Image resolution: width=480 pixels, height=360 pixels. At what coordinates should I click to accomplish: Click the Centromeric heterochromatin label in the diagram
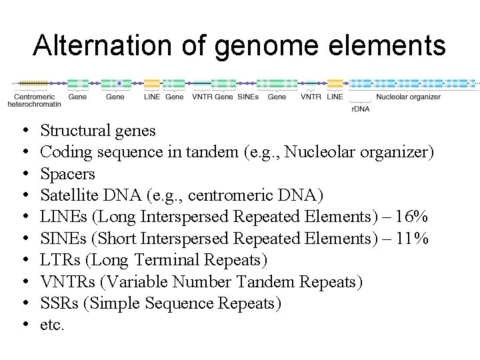point(34,101)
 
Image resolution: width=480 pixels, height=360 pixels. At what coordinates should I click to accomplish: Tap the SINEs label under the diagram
point(248,97)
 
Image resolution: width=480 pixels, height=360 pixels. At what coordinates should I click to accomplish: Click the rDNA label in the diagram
point(360,108)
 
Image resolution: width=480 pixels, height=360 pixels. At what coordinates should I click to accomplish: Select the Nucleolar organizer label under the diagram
point(408,97)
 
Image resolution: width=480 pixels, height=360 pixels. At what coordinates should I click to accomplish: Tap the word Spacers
point(67,174)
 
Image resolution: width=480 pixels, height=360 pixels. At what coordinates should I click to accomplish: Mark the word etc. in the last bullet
point(52,325)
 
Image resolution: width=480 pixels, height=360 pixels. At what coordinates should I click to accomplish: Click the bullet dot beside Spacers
point(23,174)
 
